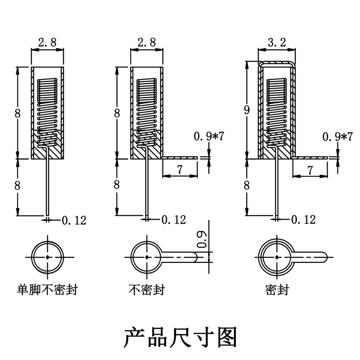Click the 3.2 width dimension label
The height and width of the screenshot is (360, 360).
[277, 42]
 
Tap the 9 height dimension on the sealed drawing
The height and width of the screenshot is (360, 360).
[247, 110]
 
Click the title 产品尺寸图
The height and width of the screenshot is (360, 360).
[180, 337]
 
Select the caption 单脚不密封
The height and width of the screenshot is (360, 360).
[47, 290]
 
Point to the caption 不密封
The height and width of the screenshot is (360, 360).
[147, 290]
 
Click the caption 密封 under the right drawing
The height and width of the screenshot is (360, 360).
[277, 290]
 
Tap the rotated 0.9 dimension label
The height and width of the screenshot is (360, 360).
[202, 239]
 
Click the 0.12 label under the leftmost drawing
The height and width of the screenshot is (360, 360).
[74, 220]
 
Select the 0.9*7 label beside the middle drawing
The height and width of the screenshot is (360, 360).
[209, 136]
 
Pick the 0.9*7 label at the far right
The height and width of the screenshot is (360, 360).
[337, 137]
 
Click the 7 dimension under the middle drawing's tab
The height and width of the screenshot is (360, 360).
[180, 170]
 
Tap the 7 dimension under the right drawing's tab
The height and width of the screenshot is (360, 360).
[310, 170]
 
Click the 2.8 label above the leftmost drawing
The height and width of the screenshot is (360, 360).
[47, 43]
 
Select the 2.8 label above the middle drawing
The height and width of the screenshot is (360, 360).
[147, 43]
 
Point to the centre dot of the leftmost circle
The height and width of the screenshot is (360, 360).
[48, 257]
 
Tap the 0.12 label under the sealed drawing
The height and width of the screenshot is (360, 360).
[303, 220]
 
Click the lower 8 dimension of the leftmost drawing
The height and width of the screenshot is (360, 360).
[18, 185]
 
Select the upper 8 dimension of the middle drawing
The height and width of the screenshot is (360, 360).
[117, 113]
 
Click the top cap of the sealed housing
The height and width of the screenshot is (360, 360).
[277, 63]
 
